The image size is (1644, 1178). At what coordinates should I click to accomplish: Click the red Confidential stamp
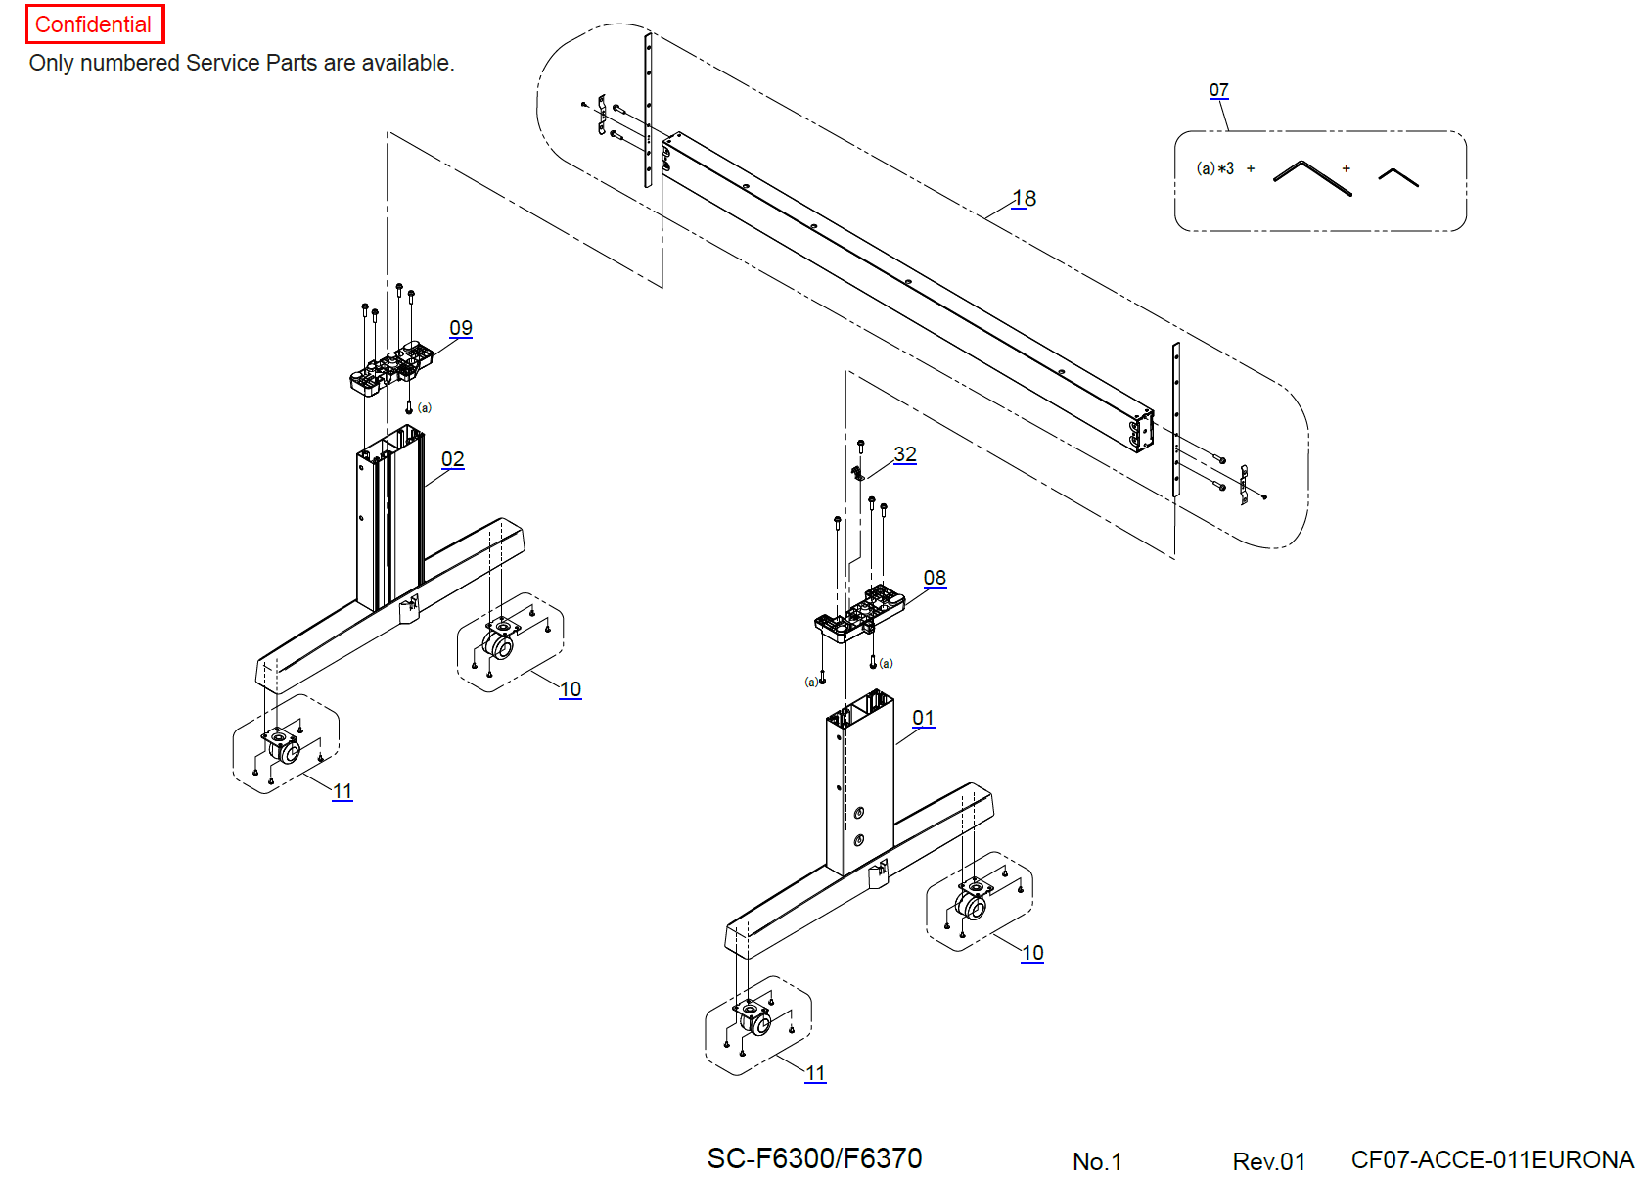(x=94, y=24)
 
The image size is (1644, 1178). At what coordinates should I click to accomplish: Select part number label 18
(x=1024, y=199)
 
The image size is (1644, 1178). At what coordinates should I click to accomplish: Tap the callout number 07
(x=1218, y=90)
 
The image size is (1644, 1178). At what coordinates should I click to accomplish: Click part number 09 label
(x=461, y=328)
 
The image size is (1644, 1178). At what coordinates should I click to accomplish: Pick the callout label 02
(x=453, y=459)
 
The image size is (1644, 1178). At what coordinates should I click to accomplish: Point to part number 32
(x=905, y=454)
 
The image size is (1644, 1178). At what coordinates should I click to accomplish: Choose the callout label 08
(x=935, y=578)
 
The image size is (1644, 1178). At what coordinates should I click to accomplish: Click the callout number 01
(x=923, y=718)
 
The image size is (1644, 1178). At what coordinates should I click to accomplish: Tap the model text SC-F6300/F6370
(x=814, y=1158)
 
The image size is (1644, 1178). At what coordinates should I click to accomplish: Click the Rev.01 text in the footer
(x=1268, y=1161)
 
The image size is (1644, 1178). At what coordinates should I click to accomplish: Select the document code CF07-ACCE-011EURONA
(x=1491, y=1159)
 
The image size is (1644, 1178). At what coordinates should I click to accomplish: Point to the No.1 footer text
(x=1097, y=1161)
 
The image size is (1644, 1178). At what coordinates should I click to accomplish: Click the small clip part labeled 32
(x=858, y=474)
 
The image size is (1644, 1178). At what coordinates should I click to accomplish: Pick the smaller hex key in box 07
(x=1398, y=176)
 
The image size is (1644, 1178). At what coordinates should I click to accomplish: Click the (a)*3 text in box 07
(x=1215, y=168)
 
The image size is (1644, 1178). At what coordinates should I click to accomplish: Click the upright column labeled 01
(x=859, y=783)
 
